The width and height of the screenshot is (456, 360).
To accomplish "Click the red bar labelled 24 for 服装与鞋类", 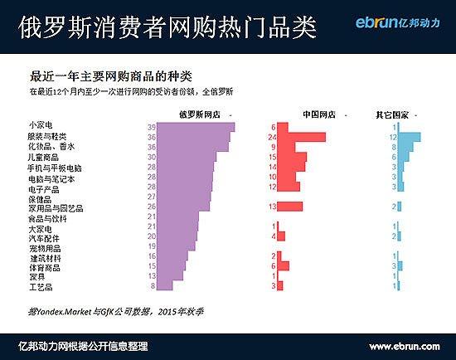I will click(300, 137).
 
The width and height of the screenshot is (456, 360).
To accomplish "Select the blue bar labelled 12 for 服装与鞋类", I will click(410, 137).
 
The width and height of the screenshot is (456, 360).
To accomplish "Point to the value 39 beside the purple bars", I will click(152, 127).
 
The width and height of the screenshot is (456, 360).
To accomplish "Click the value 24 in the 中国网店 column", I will click(271, 137).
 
